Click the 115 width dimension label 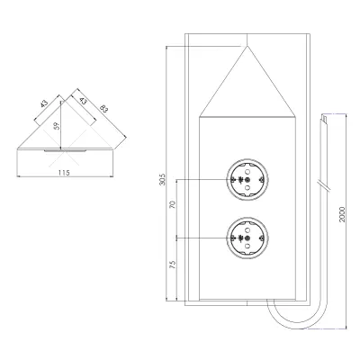point(64,173)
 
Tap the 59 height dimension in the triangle point(57,126)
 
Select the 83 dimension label point(103,108)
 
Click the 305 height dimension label point(162,179)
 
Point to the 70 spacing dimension point(173,205)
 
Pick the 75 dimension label point(173,264)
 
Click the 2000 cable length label point(342,214)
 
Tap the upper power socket point(247,180)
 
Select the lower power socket point(247,238)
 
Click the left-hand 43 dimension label point(44,104)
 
